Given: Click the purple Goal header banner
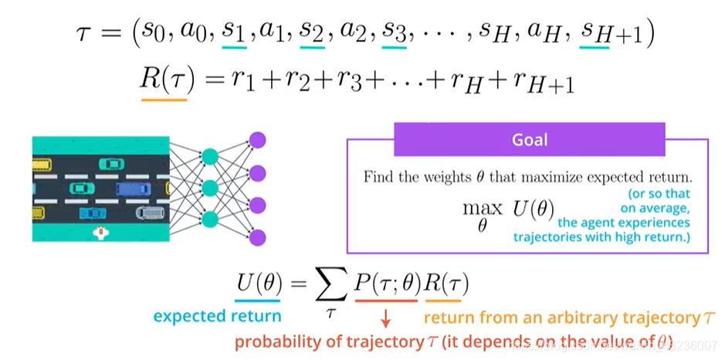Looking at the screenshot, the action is [530, 139].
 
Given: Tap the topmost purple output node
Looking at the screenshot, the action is [258, 140].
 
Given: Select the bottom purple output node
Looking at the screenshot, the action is [258, 237].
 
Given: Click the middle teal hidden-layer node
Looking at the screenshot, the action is [210, 188].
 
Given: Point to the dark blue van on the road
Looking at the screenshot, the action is [133, 189].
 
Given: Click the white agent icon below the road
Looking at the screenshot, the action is [100, 233].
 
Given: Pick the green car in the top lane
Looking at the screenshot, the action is [111, 164].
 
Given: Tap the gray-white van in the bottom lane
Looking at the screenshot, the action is [150, 213].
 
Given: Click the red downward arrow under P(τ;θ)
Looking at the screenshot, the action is [385, 318].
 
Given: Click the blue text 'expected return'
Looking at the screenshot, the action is [217, 317].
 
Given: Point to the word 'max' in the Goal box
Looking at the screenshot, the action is [483, 209].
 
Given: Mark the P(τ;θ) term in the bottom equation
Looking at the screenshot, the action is [388, 286].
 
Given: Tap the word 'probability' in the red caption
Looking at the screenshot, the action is [276, 342].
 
